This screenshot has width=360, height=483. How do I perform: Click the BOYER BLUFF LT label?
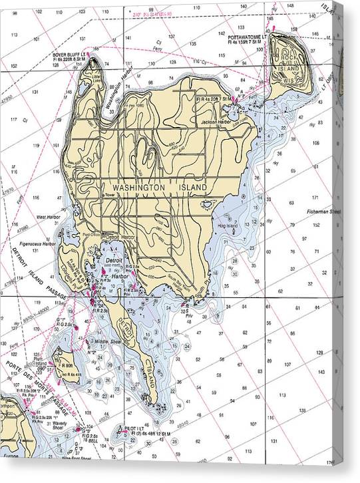coord(72,55)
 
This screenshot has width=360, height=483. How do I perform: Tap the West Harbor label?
coord(49,217)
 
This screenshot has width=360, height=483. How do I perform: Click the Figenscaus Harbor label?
coord(37,244)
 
